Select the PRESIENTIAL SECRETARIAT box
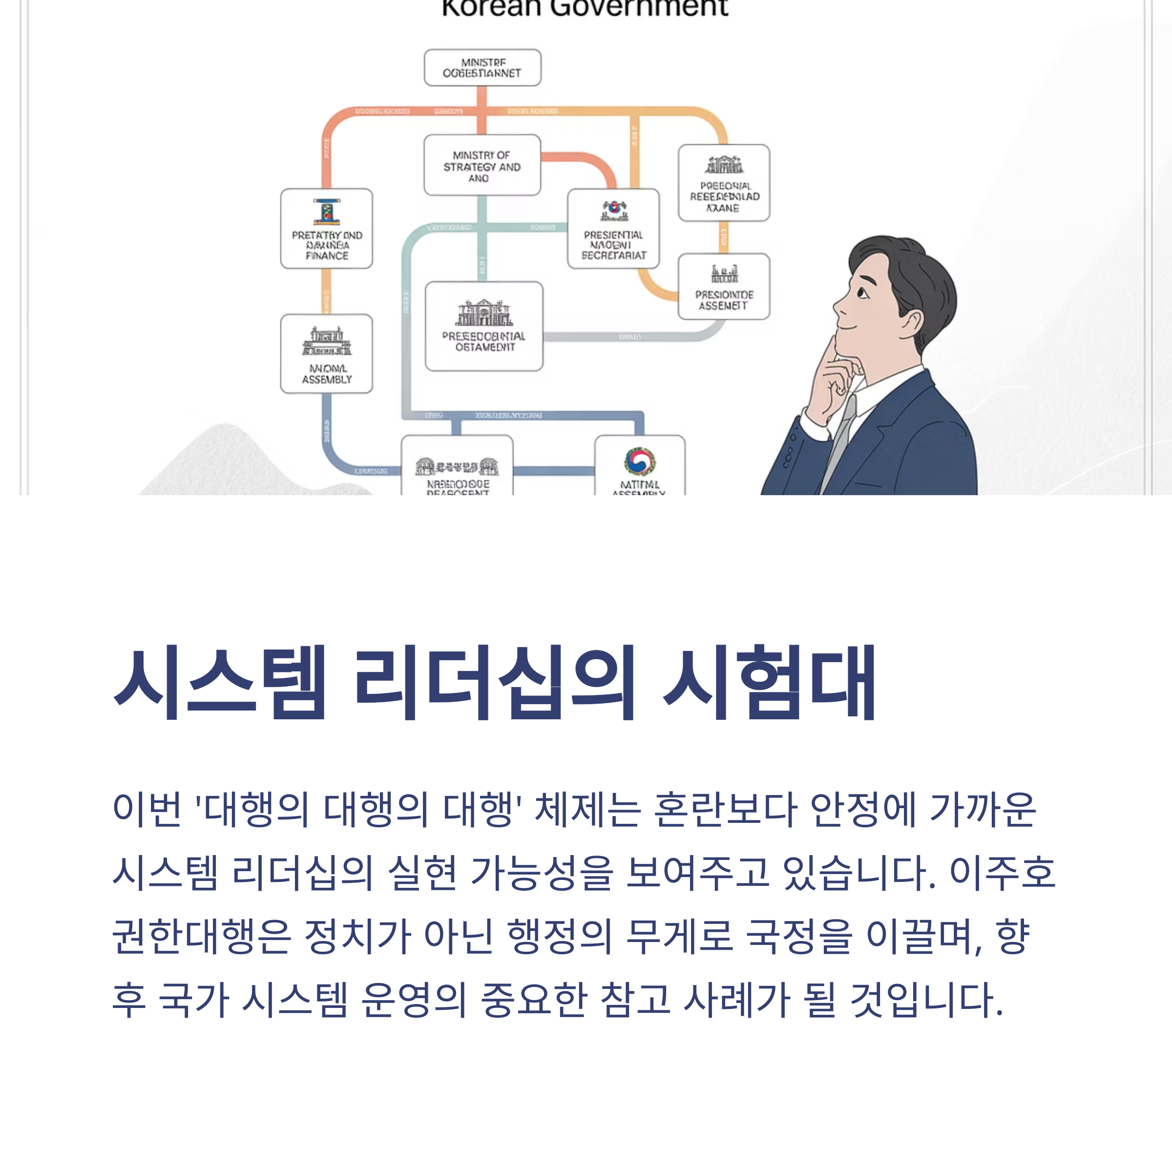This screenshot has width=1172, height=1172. [613, 229]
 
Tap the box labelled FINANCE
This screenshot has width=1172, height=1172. [326, 229]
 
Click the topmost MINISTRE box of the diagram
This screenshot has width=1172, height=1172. [482, 67]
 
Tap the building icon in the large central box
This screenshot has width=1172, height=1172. [484, 313]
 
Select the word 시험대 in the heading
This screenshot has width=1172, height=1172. [769, 684]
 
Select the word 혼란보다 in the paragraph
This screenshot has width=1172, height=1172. [725, 810]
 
